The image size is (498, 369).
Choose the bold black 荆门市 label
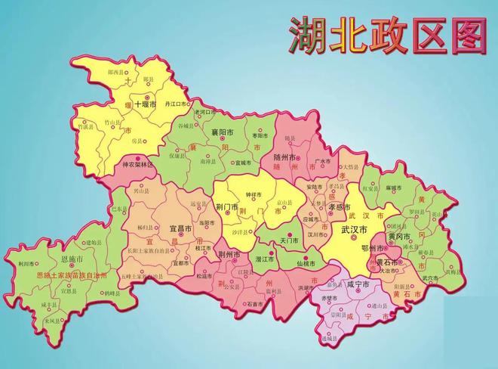click(228, 206)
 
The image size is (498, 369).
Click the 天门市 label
click(290, 240)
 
